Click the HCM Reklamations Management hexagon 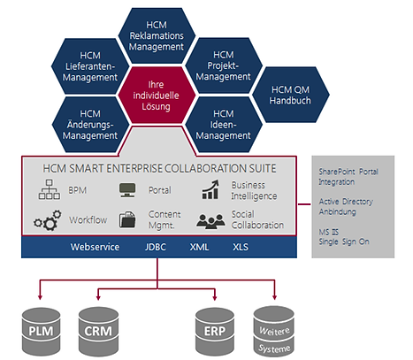pos(157,35)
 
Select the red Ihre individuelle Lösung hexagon pos(157,95)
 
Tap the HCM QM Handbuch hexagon pos(291,95)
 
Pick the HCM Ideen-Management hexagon pos(224,125)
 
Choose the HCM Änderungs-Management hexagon pos(90,125)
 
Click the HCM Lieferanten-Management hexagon pos(90,66)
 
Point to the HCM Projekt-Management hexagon pos(224,65)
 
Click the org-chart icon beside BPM pos(50,189)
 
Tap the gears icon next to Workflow pos(48,220)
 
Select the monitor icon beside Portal pos(127,190)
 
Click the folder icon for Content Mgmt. pos(127,219)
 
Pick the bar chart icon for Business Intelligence pos(210,189)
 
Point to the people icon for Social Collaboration pos(210,221)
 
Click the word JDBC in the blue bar pos(156,247)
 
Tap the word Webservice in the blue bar pos(95,247)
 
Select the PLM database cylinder pos(42,332)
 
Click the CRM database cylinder pos(98,332)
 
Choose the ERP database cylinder pos(215,332)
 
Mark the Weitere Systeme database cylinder pos(274,332)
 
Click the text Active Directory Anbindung pos(346,206)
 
